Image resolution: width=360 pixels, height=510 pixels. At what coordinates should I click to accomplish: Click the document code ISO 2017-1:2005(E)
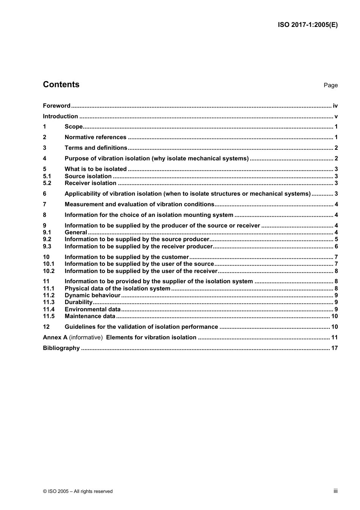click(x=308, y=25)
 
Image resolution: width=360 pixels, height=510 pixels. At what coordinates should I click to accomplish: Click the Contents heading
click(x=61, y=85)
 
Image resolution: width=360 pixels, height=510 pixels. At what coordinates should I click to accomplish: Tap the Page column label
click(x=330, y=85)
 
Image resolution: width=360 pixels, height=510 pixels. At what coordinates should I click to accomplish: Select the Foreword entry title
click(x=56, y=106)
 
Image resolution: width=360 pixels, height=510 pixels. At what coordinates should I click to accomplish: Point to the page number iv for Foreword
click(x=335, y=106)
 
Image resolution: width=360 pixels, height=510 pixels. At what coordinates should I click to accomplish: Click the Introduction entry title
click(x=60, y=116)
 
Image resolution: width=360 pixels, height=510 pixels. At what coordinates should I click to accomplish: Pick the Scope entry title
click(x=74, y=127)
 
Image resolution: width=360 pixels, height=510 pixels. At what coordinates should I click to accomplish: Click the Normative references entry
click(x=95, y=137)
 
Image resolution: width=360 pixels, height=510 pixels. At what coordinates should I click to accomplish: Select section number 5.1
click(x=47, y=176)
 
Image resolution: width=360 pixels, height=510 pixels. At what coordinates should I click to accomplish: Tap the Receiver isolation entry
click(x=91, y=183)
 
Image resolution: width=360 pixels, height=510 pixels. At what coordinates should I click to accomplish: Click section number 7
click(x=45, y=204)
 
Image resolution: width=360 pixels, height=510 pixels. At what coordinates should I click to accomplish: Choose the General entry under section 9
click(x=76, y=232)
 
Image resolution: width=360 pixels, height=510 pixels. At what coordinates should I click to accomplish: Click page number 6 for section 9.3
click(x=336, y=246)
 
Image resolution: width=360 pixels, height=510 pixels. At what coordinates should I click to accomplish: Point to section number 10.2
click(x=49, y=271)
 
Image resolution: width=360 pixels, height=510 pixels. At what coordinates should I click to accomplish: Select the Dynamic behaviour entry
click(x=92, y=295)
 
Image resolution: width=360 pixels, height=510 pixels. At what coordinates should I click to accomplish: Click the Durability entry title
click(x=78, y=302)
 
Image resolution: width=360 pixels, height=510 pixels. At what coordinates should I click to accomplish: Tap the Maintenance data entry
click(x=90, y=316)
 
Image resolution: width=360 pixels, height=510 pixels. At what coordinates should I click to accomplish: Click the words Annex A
click(x=55, y=337)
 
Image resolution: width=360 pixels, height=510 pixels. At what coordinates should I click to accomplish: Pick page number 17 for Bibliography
click(x=334, y=348)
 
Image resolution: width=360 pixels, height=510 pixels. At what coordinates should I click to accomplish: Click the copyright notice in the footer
click(x=78, y=491)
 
